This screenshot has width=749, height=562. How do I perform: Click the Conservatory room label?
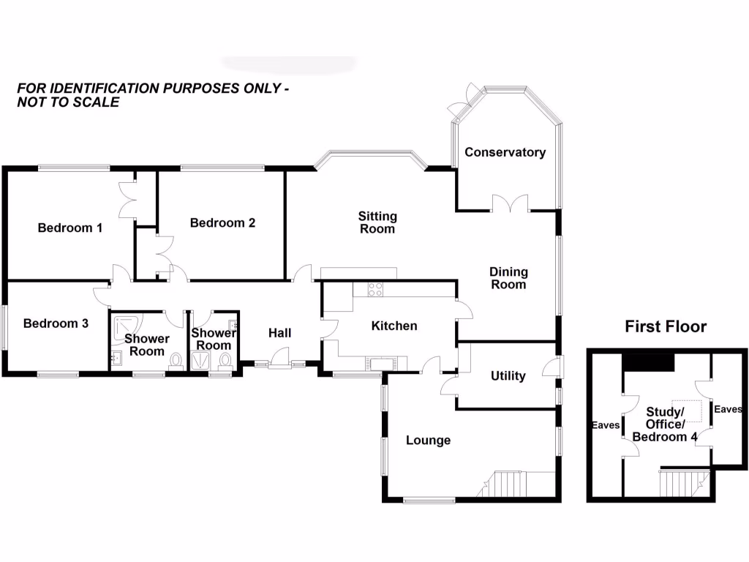pyautogui.click(x=505, y=152)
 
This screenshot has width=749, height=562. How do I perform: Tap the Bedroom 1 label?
pyautogui.click(x=69, y=228)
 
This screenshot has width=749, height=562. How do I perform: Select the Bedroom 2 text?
pyautogui.click(x=222, y=222)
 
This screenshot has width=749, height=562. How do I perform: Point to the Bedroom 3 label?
pyautogui.click(x=56, y=323)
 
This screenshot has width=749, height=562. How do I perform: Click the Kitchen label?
pyautogui.click(x=394, y=326)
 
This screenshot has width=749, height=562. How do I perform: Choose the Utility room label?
pyautogui.click(x=508, y=376)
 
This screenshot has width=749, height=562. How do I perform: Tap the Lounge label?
pyautogui.click(x=428, y=440)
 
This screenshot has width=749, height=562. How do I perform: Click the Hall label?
pyautogui.click(x=279, y=333)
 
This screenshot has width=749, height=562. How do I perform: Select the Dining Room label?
pyautogui.click(x=508, y=278)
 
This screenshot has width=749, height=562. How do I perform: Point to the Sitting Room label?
pyautogui.click(x=377, y=222)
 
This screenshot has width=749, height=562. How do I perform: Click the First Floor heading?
pyautogui.click(x=666, y=326)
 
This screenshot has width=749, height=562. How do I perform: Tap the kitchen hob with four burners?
pyautogui.click(x=374, y=289)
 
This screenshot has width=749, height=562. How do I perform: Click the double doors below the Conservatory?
pyautogui.click(x=509, y=203)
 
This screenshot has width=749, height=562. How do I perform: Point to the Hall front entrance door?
pyautogui.click(x=279, y=360)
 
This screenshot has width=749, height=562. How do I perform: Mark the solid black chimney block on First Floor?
pyautogui.click(x=648, y=362)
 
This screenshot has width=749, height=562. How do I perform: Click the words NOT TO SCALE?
pyautogui.click(x=68, y=102)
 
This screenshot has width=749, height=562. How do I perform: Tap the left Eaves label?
pyautogui.click(x=606, y=425)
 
